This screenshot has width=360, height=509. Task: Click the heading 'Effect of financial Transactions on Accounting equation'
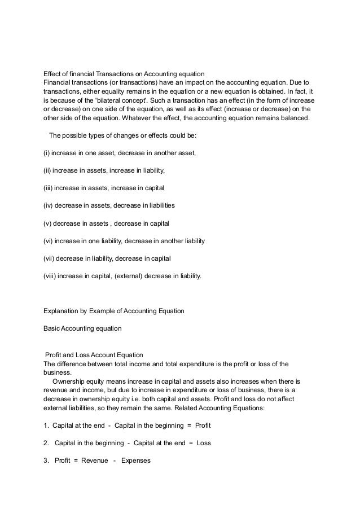124,74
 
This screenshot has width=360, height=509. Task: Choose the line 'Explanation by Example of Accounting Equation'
114,311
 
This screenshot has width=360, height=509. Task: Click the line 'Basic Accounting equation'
82,328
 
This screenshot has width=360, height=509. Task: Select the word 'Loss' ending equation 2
204,443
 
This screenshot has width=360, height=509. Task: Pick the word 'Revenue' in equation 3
94,460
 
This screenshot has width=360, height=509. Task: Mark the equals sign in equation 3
75,460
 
